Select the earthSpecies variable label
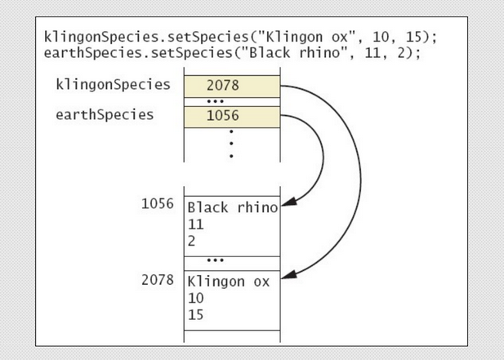(x=104, y=114)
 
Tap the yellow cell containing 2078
(x=231, y=85)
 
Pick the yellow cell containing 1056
(x=231, y=116)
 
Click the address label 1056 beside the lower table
(x=157, y=203)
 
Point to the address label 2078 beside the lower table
(x=157, y=280)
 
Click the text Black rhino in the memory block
(x=233, y=207)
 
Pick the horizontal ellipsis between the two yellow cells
(x=231, y=101)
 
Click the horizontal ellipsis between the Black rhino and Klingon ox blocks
(x=231, y=260)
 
